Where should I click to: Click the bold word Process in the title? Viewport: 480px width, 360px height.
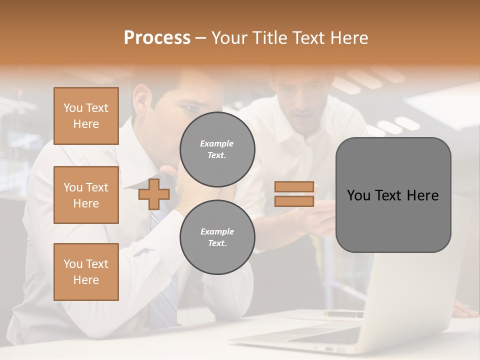pos(157,38)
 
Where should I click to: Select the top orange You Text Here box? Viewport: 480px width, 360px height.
pos(86,116)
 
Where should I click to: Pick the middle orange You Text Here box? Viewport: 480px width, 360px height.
pos(86,195)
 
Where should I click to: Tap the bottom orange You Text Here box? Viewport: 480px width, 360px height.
pos(86,272)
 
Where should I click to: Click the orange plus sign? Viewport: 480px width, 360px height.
pos(153,194)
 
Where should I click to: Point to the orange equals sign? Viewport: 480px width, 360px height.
pos(294,194)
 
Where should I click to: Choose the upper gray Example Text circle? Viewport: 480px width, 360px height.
pos(217,149)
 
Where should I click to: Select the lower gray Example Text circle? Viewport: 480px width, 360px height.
pos(217,237)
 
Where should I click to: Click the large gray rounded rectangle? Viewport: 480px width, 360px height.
pos(393,195)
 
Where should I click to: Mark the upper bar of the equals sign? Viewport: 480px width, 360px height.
pos(294,186)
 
